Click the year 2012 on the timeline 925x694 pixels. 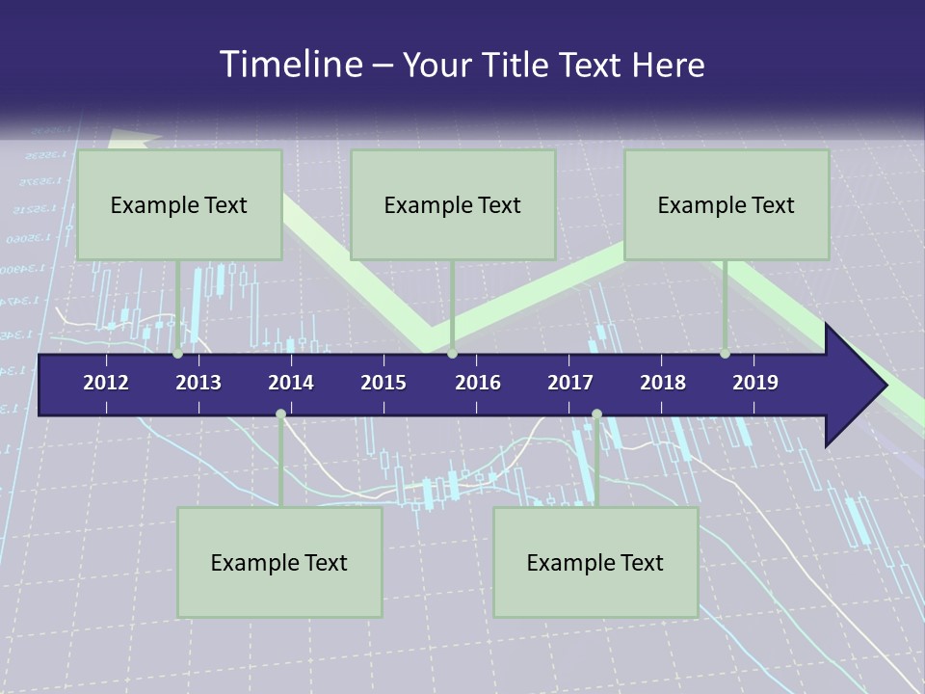click(x=106, y=383)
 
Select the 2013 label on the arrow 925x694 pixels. click(x=198, y=383)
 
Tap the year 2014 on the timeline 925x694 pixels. click(x=291, y=383)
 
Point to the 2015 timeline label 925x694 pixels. click(x=383, y=383)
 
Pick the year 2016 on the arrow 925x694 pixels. click(x=478, y=383)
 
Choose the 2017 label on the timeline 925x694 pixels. click(x=570, y=383)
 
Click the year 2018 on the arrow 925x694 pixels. click(x=663, y=383)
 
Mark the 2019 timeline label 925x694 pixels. click(x=755, y=383)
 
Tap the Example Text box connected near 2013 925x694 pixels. click(x=179, y=204)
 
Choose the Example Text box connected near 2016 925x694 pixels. click(x=453, y=204)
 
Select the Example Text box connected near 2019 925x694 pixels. click(x=727, y=204)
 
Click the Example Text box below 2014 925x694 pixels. click(x=279, y=562)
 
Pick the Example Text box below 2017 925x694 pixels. click(x=595, y=562)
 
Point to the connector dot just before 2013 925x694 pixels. click(x=178, y=354)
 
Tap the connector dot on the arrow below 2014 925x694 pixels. click(x=280, y=414)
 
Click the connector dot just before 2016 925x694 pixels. click(x=453, y=354)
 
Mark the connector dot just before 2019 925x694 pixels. click(x=725, y=354)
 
